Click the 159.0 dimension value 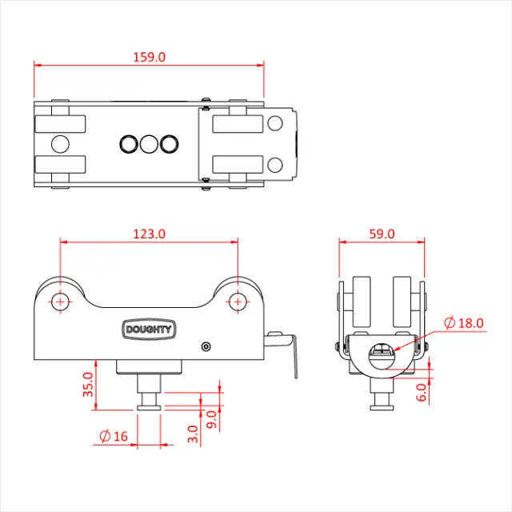point(150,57)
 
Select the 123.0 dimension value point(150,234)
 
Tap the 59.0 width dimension point(382,234)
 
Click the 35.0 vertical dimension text point(88,384)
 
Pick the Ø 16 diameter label point(114,436)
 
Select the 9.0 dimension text point(212,419)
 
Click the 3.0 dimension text point(193,434)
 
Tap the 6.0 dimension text point(422,392)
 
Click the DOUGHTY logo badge point(149,329)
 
